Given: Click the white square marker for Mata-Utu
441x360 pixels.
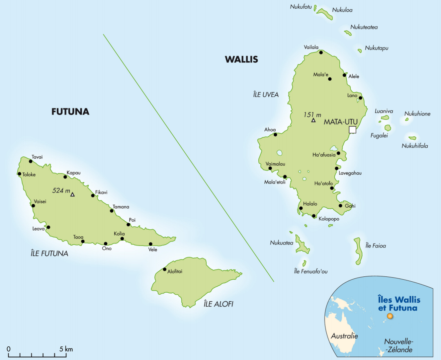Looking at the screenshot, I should point(352,130).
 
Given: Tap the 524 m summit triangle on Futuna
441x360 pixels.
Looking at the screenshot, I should point(72,194).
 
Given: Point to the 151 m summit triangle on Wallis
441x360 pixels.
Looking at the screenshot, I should point(313,120).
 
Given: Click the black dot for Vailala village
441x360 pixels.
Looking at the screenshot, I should point(321,52).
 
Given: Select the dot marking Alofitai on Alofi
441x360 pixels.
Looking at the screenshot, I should point(164,269).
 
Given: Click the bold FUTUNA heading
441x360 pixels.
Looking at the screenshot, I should point(70,111).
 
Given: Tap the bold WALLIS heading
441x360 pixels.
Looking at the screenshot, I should point(241,59).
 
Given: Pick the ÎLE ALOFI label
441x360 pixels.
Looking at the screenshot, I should point(218,304).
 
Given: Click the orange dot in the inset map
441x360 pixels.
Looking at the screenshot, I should point(390,316).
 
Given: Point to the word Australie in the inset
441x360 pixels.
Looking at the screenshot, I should point(344,336).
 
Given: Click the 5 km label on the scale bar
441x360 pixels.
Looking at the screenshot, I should point(66,349).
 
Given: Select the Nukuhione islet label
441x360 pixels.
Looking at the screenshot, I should point(417,114).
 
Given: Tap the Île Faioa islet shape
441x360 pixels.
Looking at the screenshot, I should point(358,251).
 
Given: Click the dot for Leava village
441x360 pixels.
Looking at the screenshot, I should point(48,227).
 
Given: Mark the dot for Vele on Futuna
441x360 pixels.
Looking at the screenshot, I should point(150,244).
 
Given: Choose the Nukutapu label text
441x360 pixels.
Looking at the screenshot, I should point(376,48).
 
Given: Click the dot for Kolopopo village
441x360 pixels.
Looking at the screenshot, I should point(314,216).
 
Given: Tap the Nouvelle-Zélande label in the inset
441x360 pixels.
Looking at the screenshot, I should point(398,345).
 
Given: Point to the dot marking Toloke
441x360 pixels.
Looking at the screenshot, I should point(19,174).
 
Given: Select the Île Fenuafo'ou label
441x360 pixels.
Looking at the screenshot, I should point(310,271).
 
